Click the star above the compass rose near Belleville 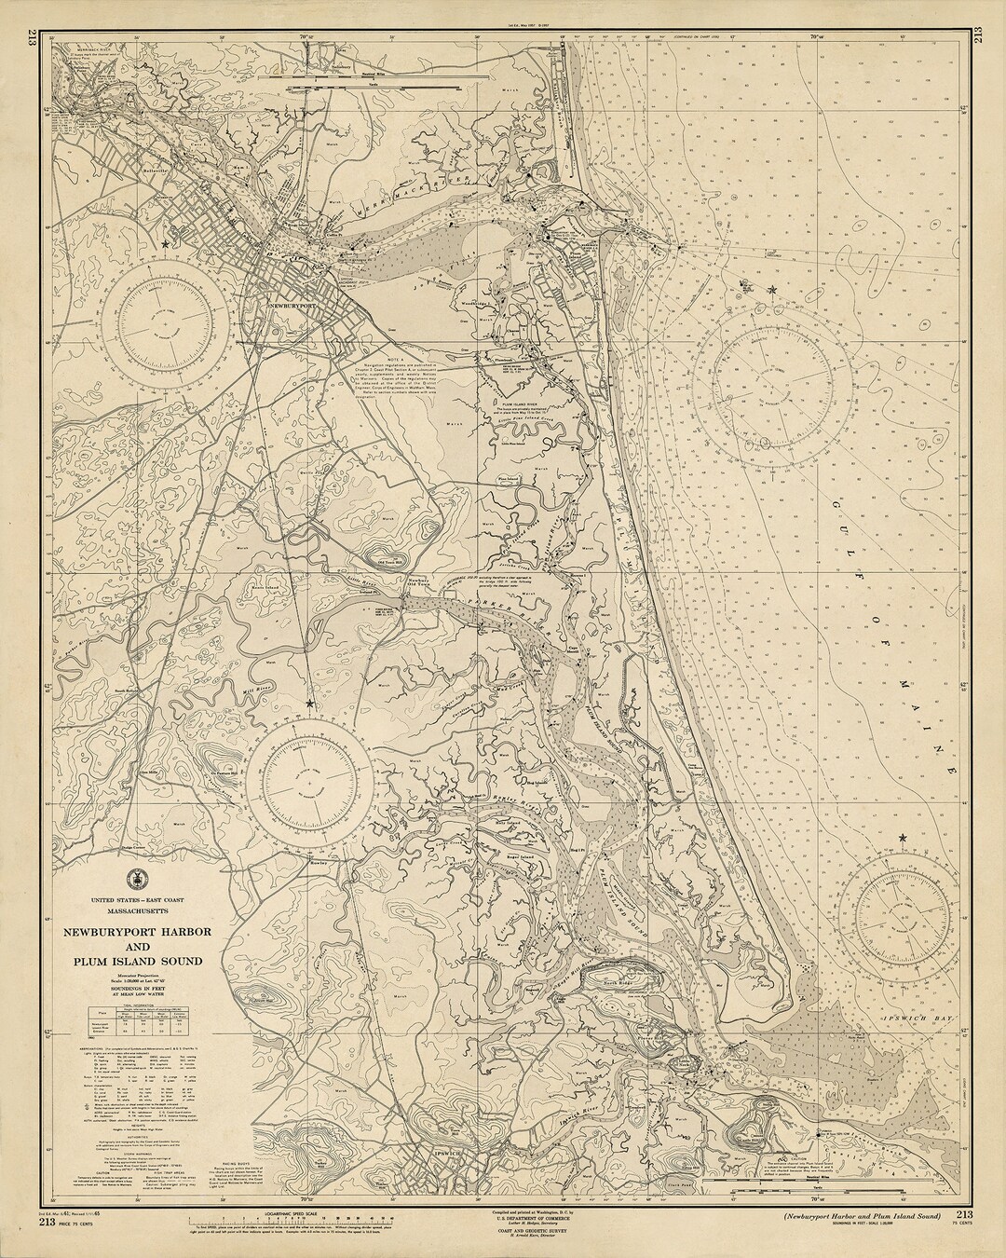coord(166,244)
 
